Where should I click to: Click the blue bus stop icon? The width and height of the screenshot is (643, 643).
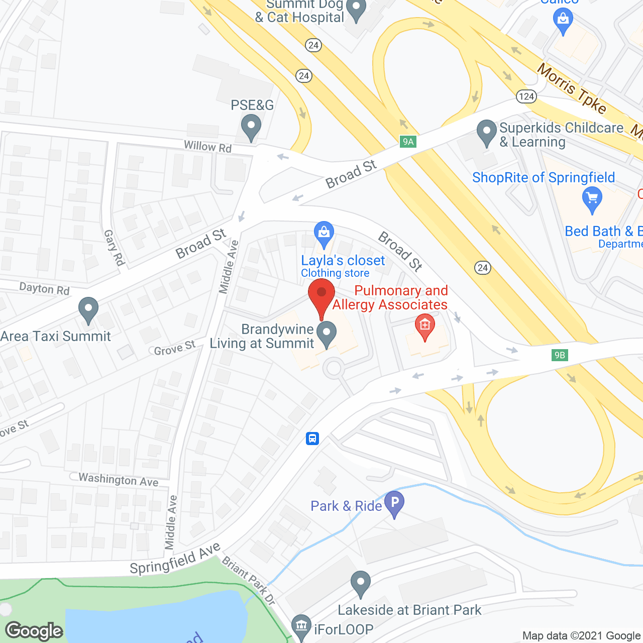click(312, 439)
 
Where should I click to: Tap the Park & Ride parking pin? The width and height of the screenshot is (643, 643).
click(394, 503)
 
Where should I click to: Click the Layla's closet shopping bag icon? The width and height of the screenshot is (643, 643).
click(324, 234)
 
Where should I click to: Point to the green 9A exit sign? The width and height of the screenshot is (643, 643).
click(408, 142)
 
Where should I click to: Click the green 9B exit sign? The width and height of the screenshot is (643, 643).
click(559, 355)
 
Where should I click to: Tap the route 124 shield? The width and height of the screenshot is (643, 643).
click(526, 96)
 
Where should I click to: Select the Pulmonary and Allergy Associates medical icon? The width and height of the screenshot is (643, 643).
click(425, 326)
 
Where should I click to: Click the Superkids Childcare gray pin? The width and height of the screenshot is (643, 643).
click(486, 132)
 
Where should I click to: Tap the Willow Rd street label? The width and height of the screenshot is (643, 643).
click(207, 147)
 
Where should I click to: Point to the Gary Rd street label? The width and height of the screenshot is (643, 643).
click(114, 247)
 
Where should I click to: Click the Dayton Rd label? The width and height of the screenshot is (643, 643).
click(44, 289)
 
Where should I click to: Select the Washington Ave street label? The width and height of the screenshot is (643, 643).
click(119, 480)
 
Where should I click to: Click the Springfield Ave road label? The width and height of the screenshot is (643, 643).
click(175, 559)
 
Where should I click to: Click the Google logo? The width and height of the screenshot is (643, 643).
click(34, 631)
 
